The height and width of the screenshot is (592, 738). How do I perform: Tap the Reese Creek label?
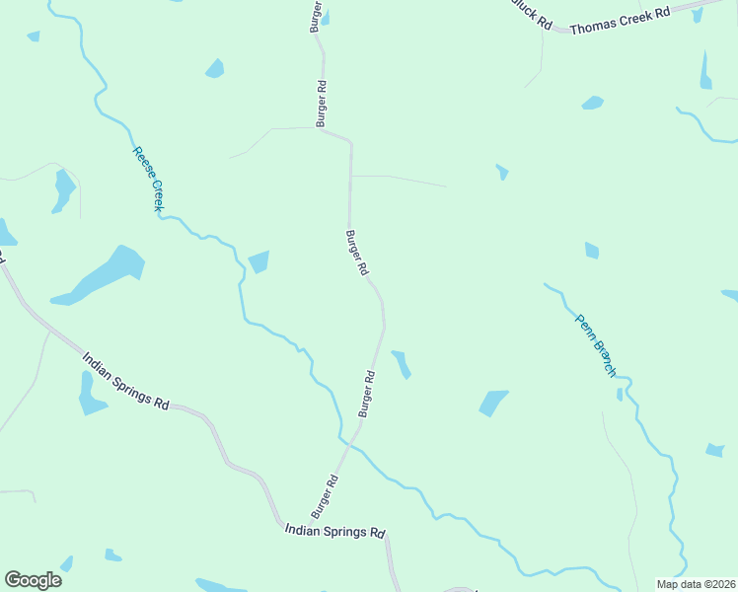(x=147, y=179)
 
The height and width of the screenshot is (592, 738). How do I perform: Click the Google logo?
(x=33, y=580)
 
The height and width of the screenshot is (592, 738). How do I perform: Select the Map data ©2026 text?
(x=697, y=583)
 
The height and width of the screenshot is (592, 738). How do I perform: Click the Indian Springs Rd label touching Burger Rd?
(x=333, y=531)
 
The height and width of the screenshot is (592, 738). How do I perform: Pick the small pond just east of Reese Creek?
(x=258, y=261)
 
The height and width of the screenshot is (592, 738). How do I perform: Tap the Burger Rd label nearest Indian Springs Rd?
(x=327, y=496)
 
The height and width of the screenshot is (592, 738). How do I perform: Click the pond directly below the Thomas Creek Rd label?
(x=592, y=103)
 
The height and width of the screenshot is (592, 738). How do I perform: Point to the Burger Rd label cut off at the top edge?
(x=317, y=16)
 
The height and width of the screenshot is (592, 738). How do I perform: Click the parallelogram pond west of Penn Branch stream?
(x=492, y=403)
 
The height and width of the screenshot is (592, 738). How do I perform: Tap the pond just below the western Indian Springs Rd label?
(x=91, y=395)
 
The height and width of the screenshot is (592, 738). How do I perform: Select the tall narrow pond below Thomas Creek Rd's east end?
(x=705, y=71)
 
